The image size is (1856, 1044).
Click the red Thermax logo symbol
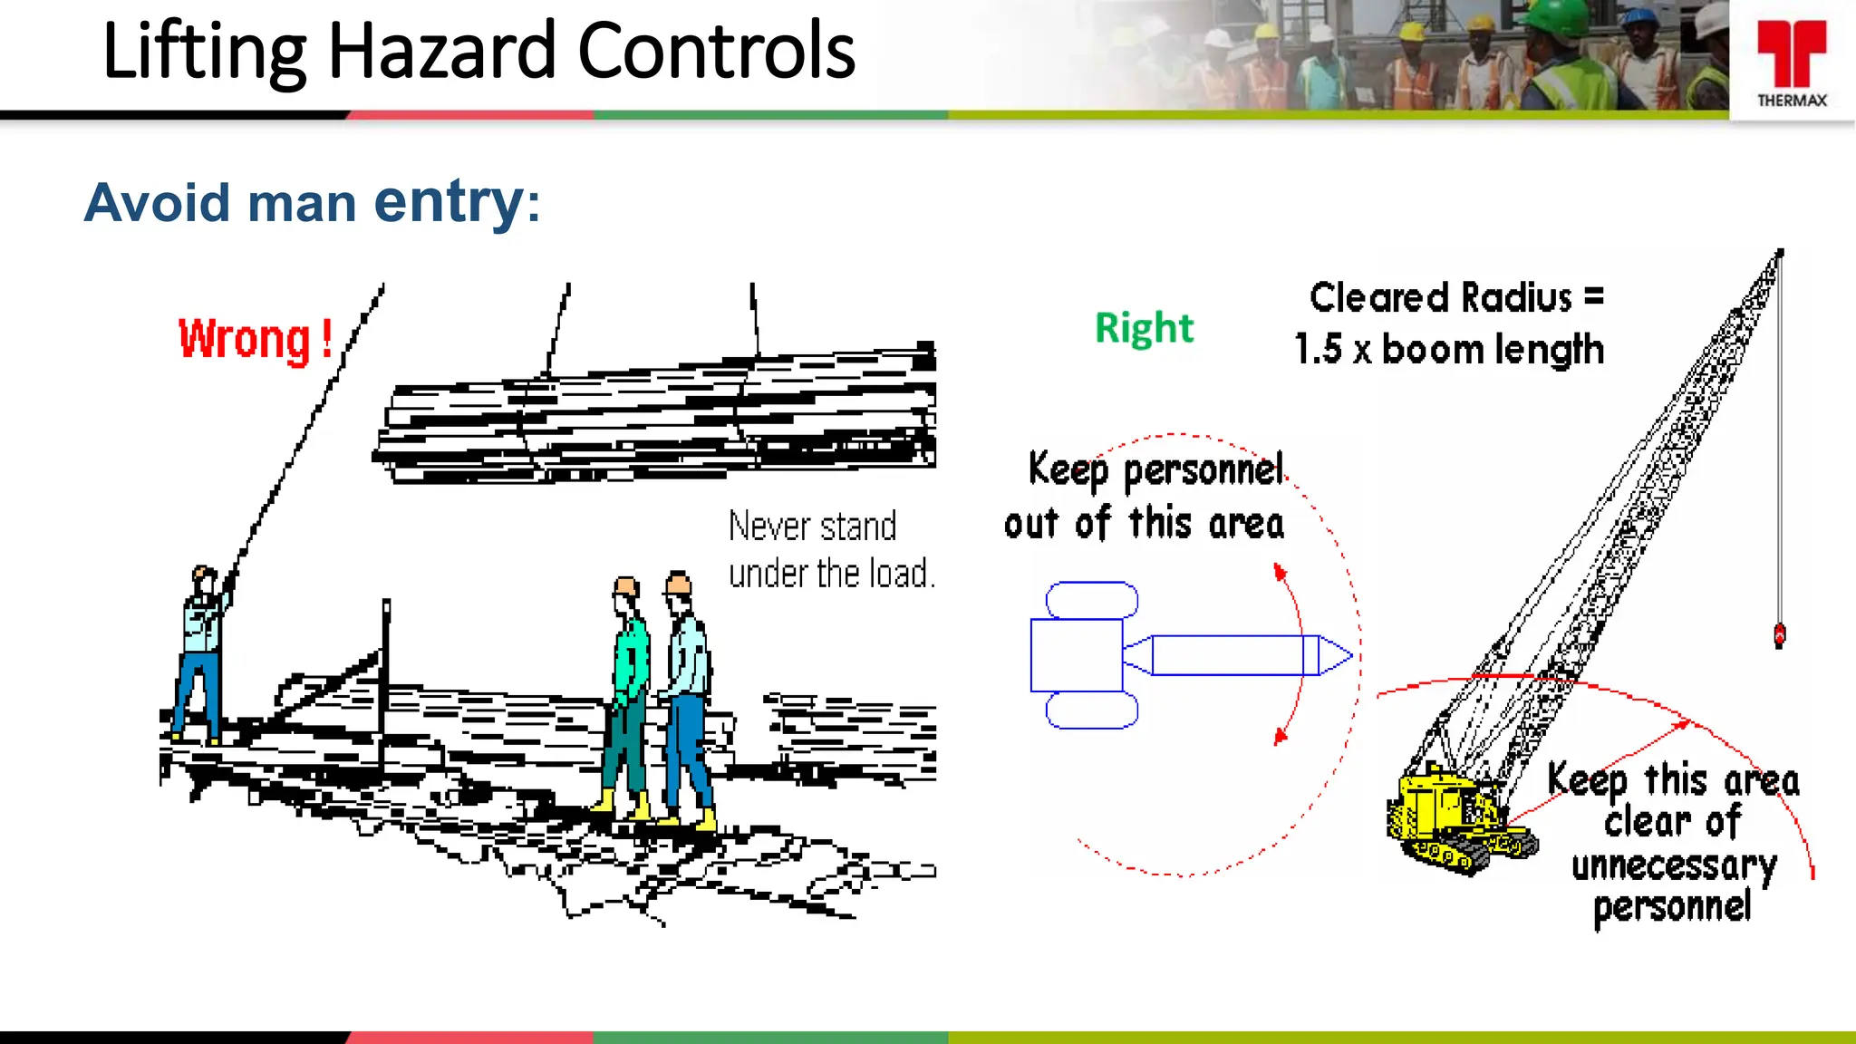pyautogui.click(x=1791, y=53)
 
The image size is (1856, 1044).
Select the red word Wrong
pyautogui.click(x=245, y=340)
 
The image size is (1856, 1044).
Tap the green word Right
pyautogui.click(x=1144, y=328)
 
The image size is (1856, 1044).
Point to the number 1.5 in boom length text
pyautogui.click(x=1318, y=350)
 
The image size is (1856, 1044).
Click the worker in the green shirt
pyautogui.click(x=627, y=698)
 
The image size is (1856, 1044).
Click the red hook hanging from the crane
pyautogui.click(x=1779, y=635)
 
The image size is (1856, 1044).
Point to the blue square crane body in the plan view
pyautogui.click(x=1076, y=655)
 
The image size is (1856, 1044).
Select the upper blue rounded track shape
pyautogui.click(x=1091, y=600)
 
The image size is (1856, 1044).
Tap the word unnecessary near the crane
pyautogui.click(x=1673, y=865)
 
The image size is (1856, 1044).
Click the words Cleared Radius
pyautogui.click(x=1441, y=298)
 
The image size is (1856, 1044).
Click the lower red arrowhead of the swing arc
pyautogui.click(x=1280, y=737)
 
